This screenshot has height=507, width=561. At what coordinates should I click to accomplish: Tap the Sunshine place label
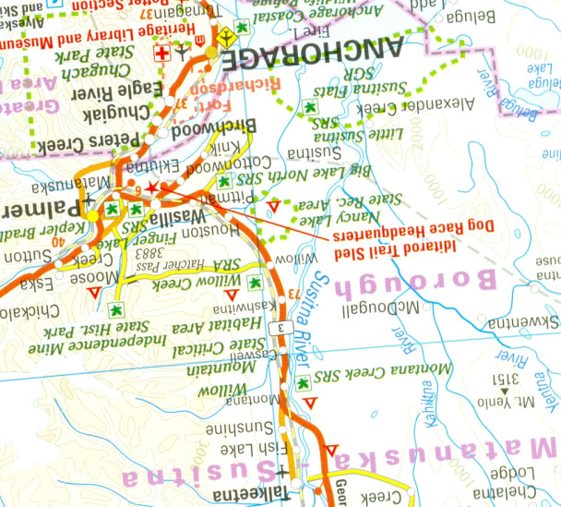coord(267,429)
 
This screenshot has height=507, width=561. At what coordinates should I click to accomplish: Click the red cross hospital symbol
coord(163,54)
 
